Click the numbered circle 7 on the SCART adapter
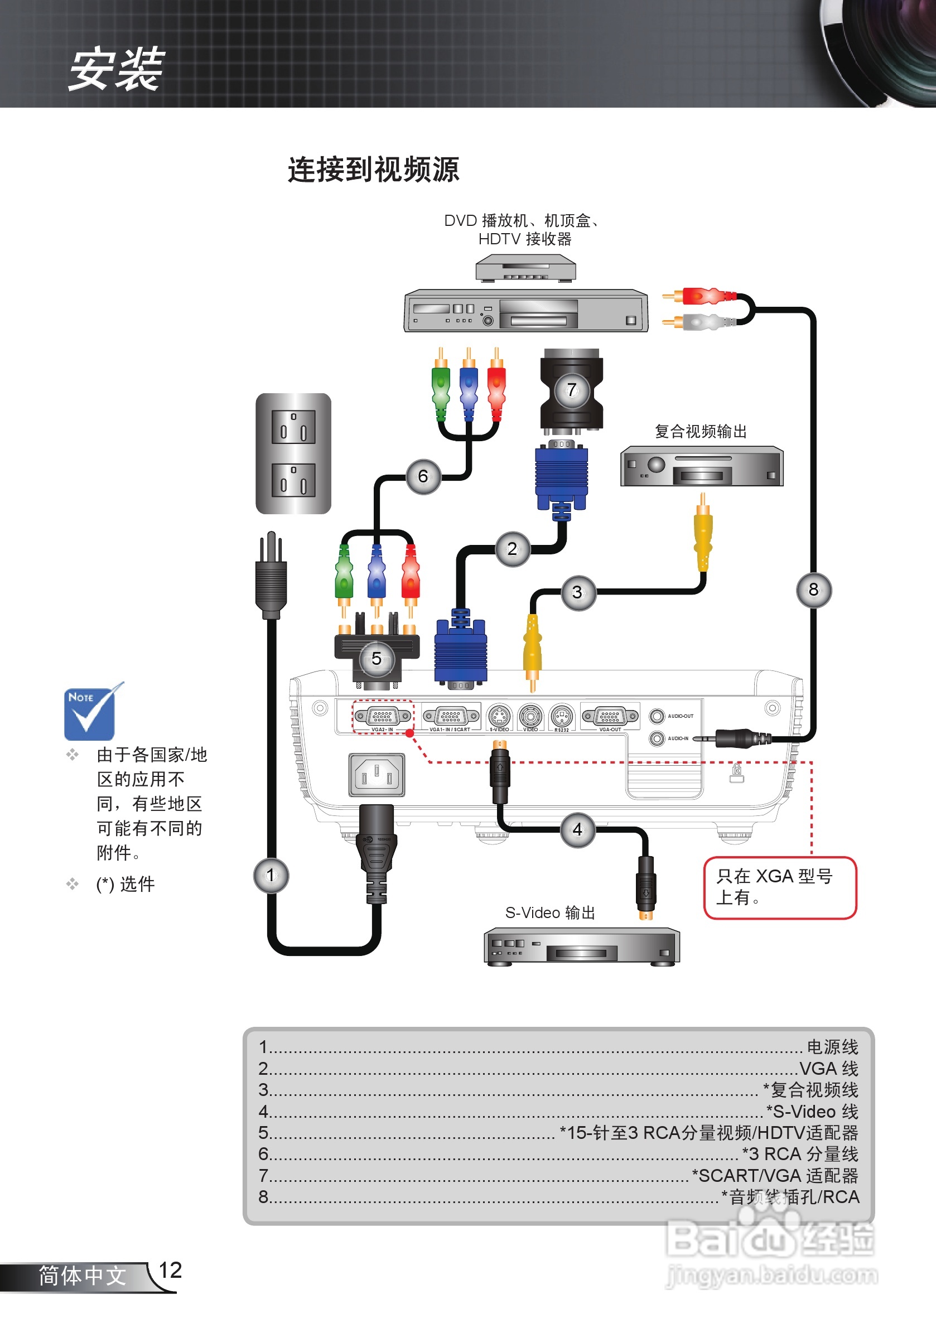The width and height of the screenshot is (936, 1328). [572, 390]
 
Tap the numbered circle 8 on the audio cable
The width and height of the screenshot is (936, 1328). [813, 590]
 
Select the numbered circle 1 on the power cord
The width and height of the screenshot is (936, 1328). [271, 875]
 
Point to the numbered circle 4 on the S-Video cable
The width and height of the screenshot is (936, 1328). [577, 829]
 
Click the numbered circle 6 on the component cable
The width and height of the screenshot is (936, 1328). [423, 476]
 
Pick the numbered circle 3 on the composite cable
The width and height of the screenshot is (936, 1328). [577, 592]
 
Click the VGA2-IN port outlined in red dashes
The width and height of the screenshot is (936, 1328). [383, 717]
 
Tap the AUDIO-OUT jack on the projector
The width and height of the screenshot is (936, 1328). [657, 716]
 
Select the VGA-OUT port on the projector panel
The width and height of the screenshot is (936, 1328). [610, 717]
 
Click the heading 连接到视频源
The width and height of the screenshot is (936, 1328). [373, 170]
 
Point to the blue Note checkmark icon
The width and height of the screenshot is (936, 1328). [90, 713]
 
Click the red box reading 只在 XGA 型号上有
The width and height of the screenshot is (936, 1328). [779, 887]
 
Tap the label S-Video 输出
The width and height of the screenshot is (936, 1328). [549, 912]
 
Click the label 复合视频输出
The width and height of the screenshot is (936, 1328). [701, 431]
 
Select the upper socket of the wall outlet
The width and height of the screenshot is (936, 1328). [293, 426]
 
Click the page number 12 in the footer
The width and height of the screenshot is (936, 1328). [170, 1270]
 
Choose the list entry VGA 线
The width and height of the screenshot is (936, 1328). [828, 1068]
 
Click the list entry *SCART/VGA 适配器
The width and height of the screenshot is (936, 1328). [775, 1175]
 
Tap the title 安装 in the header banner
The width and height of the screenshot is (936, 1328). [116, 69]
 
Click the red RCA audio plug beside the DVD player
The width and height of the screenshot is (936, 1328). [703, 296]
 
